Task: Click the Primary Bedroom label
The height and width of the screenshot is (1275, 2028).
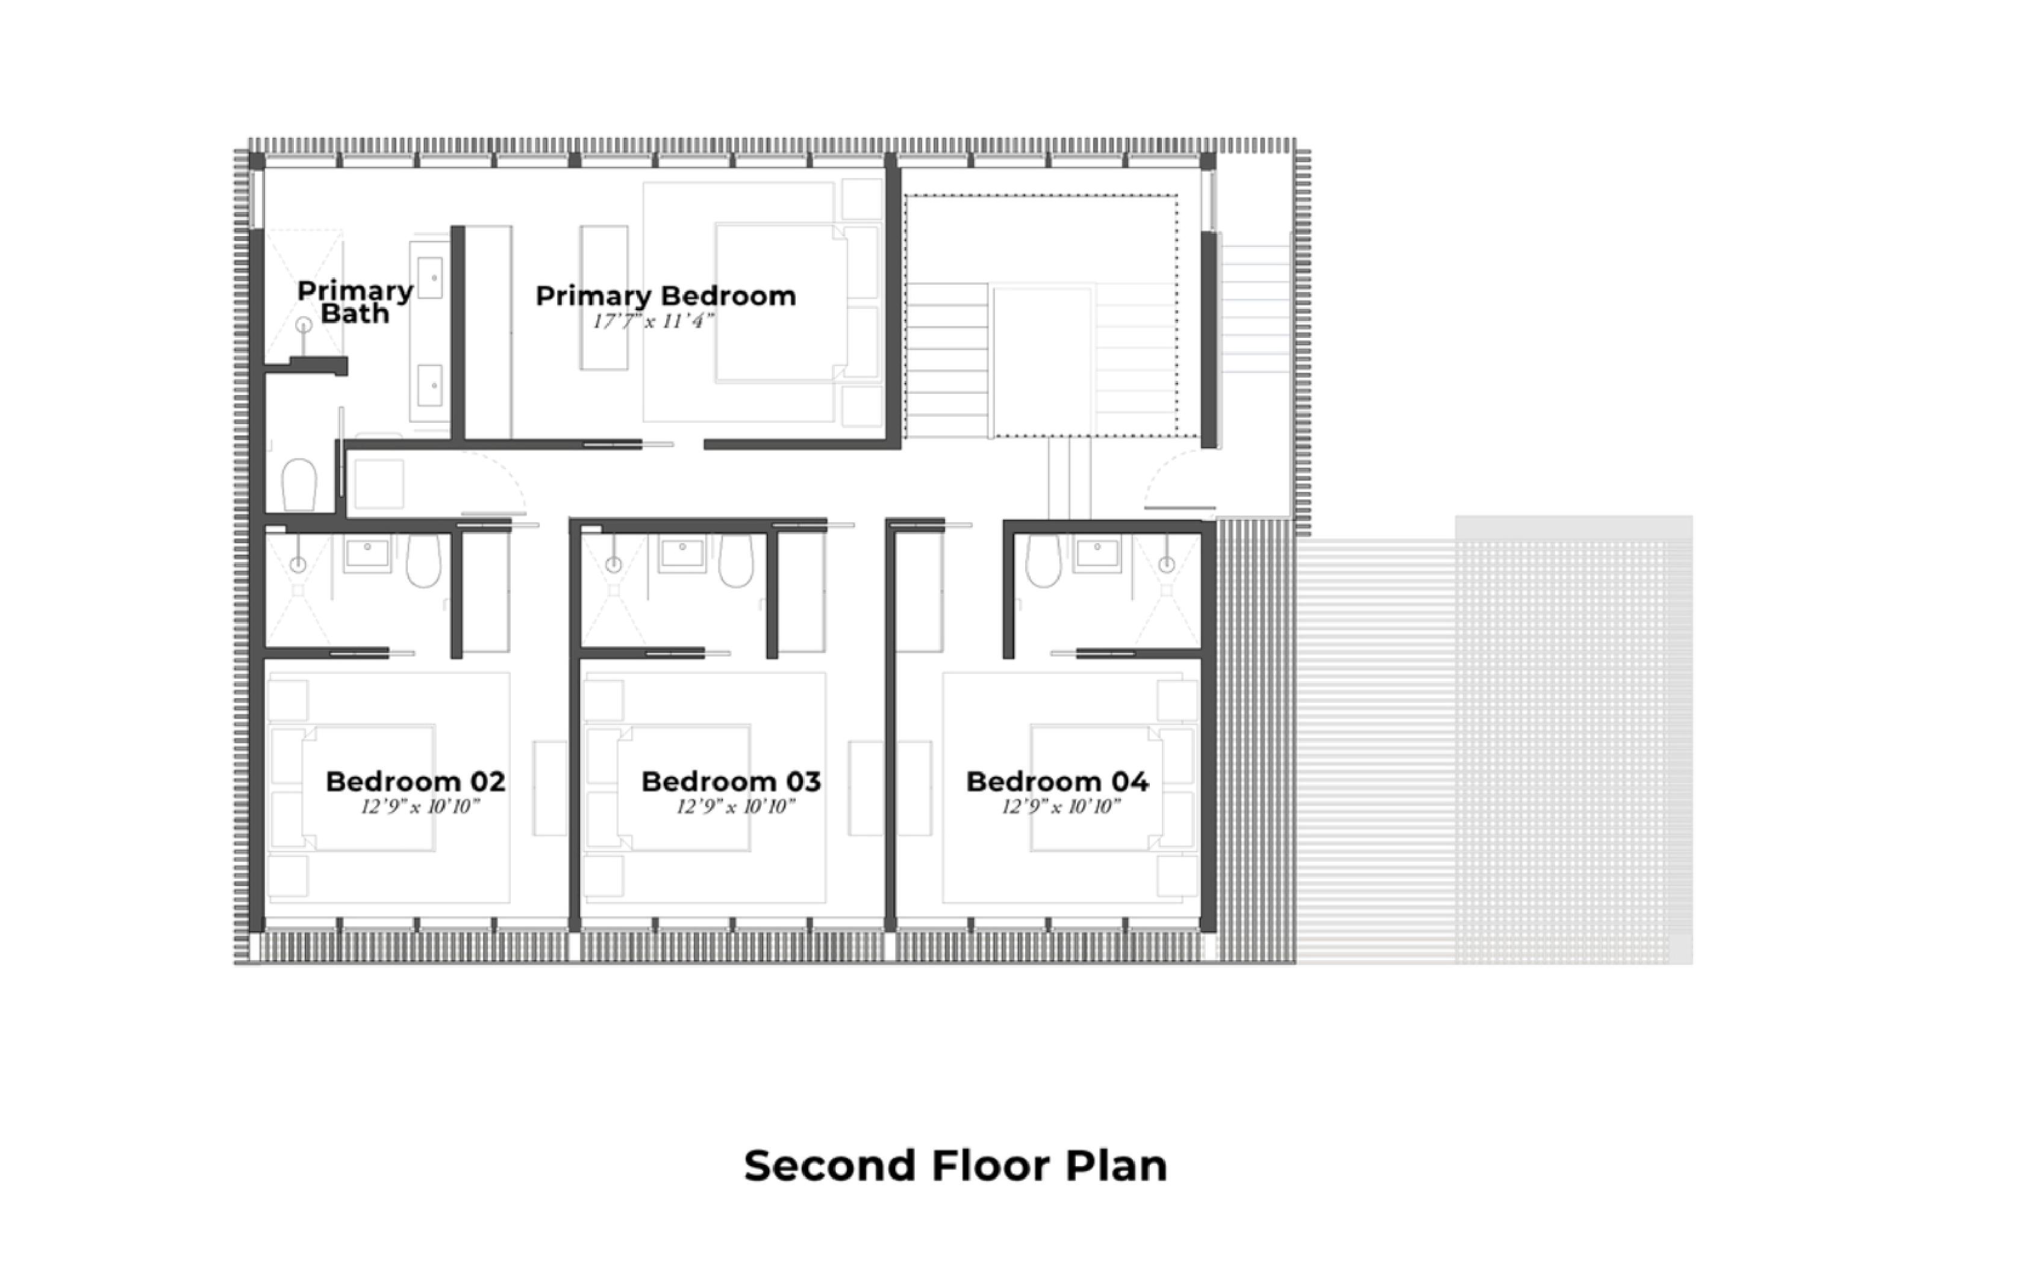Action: [666, 296]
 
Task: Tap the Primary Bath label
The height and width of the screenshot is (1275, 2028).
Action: [355, 302]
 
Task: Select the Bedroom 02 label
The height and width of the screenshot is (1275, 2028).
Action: [415, 782]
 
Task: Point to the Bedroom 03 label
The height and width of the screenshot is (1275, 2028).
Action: [731, 782]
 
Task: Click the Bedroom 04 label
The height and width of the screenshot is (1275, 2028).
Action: [1057, 782]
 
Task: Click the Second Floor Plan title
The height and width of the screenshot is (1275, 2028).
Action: [956, 1165]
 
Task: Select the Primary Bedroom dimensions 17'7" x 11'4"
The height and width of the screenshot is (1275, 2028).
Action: [654, 321]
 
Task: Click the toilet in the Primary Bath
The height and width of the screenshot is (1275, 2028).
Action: [298, 485]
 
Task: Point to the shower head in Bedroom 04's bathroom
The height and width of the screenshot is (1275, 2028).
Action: [1167, 564]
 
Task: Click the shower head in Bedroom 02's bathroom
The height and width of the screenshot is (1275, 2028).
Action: [298, 564]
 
